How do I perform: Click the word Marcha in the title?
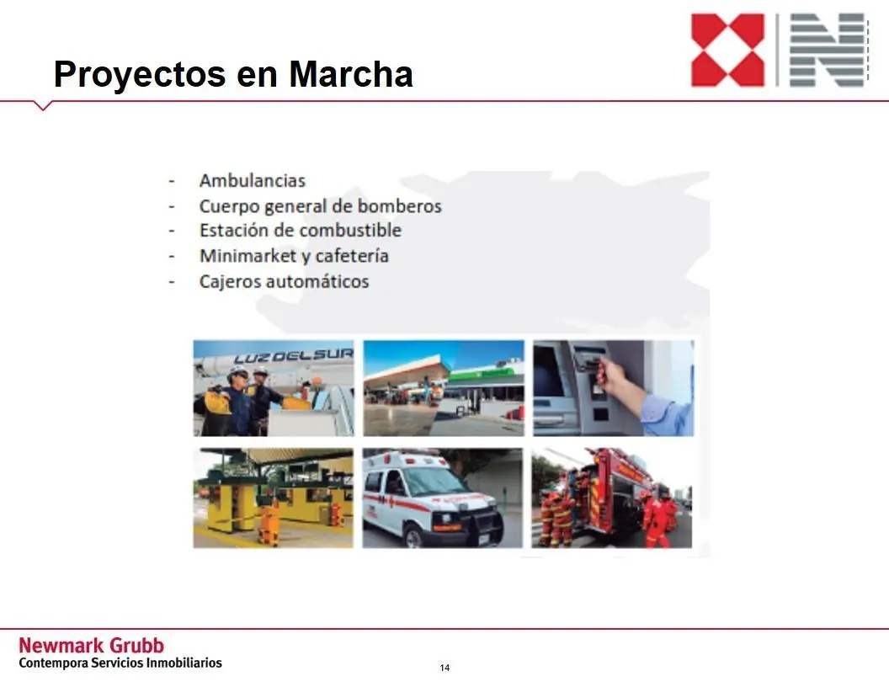tap(351, 74)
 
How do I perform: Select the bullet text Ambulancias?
tap(253, 180)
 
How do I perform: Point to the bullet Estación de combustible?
tap(301, 230)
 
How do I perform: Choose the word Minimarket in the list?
tap(248, 256)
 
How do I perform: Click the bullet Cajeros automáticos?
tap(284, 281)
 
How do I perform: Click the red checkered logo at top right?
tap(727, 50)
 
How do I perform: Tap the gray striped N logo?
tap(828, 50)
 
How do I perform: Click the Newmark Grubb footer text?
tap(91, 646)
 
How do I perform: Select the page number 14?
tap(444, 668)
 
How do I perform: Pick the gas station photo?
tap(444, 388)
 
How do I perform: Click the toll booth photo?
tap(274, 498)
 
